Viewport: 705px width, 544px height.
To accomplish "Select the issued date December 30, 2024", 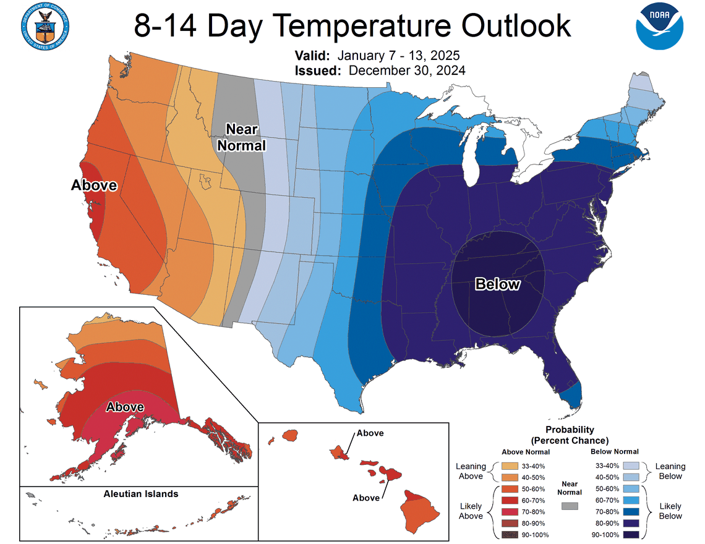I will coord(407,70).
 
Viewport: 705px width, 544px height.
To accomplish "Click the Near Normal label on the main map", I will coord(246,137).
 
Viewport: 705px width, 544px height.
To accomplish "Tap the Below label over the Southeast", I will coord(497,284).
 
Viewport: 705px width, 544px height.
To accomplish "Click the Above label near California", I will coord(94,185).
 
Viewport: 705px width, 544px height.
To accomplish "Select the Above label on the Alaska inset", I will coord(125,407).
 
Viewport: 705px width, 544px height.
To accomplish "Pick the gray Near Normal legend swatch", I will coord(570,506).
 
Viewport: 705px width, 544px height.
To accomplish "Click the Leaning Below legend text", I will coord(670,471).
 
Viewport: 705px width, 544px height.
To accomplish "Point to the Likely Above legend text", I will coord(471,511).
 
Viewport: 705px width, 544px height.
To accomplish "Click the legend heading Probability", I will coord(570,430).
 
